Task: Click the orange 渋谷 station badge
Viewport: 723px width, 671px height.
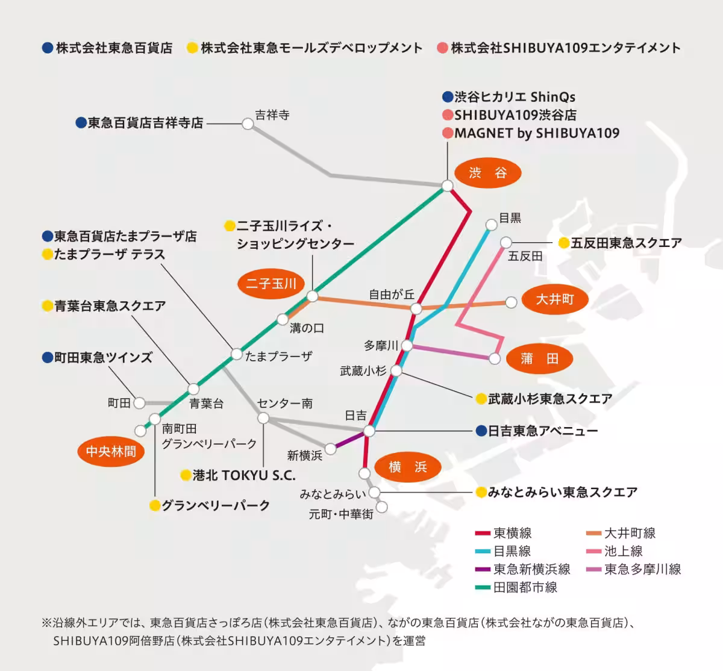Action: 487,173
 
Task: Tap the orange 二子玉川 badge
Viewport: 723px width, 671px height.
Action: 271,283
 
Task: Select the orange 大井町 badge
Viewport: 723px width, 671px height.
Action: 555,299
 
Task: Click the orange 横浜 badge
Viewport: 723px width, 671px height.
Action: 407,467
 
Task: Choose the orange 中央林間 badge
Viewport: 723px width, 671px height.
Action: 111,451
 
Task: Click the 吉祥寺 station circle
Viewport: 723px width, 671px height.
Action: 248,124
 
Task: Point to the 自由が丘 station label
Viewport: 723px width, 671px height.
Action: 392,295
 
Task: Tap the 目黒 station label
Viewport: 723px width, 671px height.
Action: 510,218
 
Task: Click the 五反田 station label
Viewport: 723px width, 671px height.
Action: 525,256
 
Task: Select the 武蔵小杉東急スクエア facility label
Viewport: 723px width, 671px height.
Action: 549,399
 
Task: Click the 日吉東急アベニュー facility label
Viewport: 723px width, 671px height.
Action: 542,431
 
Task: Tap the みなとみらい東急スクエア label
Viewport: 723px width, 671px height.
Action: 562,493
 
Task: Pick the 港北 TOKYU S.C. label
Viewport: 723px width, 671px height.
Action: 244,475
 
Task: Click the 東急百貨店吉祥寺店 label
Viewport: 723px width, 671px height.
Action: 145,123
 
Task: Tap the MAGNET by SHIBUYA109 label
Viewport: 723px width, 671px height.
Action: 536,133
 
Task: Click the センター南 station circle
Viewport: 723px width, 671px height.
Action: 263,418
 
